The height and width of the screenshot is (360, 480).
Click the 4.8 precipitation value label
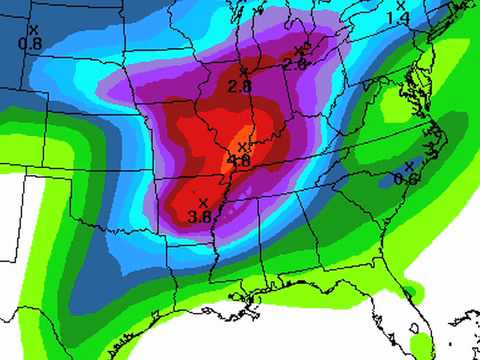239,160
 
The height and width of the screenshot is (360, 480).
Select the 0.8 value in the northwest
31,44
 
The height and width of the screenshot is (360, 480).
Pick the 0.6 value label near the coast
406,179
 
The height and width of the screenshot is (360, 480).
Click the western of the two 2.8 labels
239,86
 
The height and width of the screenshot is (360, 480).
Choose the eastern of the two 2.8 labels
294,63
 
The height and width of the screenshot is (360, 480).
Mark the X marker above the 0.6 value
409,166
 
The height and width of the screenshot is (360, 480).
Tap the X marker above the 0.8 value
33,31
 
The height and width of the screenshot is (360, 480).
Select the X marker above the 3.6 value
203,203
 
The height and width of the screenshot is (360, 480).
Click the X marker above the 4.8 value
242,147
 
